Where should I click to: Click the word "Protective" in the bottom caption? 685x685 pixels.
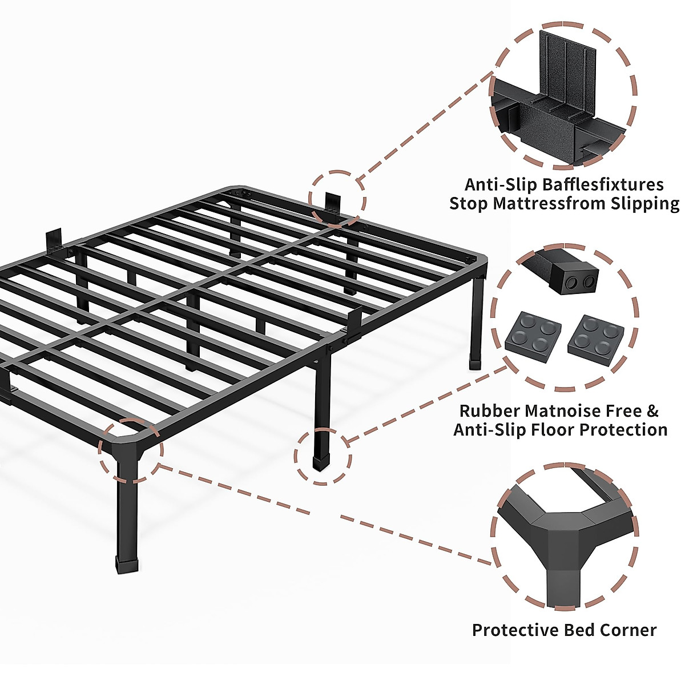click(515, 630)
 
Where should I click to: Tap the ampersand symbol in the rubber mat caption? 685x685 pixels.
click(652, 410)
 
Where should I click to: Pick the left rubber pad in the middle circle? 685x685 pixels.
click(533, 336)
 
